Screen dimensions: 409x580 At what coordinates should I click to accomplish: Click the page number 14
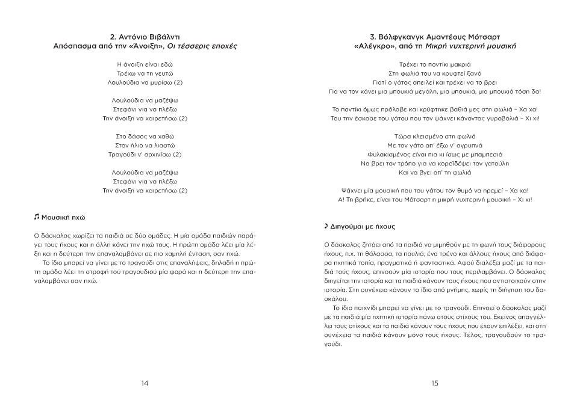(145, 384)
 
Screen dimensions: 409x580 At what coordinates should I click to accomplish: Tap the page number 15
(435, 384)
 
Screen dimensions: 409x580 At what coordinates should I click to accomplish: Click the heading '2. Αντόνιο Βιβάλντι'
(145, 35)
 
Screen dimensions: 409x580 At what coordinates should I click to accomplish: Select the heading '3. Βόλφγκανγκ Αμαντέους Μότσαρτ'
(435, 35)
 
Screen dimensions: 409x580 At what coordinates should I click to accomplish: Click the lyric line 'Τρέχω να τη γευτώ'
(145, 73)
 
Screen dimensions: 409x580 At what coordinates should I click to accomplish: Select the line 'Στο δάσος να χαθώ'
(145, 136)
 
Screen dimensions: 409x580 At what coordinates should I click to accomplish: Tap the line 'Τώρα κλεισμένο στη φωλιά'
(435, 136)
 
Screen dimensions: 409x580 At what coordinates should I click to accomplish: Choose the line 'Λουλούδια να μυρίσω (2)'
(145, 82)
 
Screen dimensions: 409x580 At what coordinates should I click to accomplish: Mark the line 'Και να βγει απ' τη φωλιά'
(435, 173)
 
